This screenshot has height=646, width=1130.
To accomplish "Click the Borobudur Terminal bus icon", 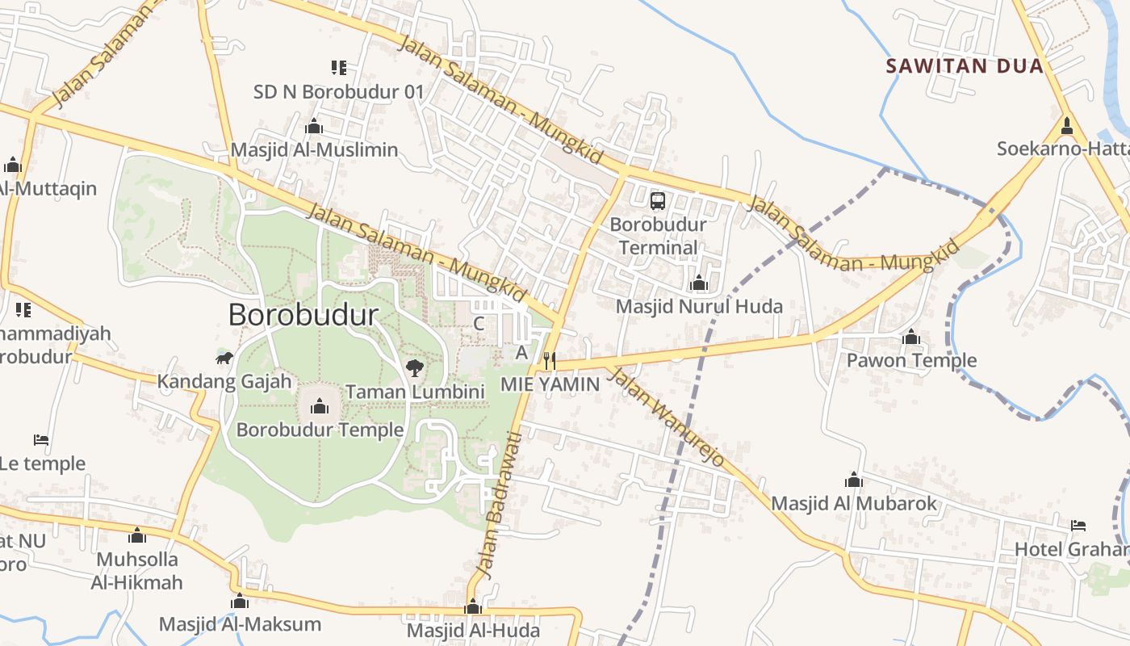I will pyautogui.click(x=658, y=201).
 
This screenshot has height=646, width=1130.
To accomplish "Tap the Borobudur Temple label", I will pyautogui.click(x=320, y=430).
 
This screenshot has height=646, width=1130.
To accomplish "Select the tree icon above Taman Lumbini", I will pyautogui.click(x=415, y=369).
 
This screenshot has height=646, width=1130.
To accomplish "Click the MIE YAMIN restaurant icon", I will pyautogui.click(x=550, y=360).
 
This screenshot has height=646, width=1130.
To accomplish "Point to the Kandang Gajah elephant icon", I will pyautogui.click(x=224, y=358).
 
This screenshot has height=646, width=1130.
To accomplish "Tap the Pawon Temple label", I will pyautogui.click(x=911, y=360).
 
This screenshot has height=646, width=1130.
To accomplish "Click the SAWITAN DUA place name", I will pyautogui.click(x=965, y=66).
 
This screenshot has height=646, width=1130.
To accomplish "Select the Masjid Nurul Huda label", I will pyautogui.click(x=699, y=307).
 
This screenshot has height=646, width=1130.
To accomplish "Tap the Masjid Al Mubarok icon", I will pyautogui.click(x=853, y=480).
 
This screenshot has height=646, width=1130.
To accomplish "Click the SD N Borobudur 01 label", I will pyautogui.click(x=338, y=92).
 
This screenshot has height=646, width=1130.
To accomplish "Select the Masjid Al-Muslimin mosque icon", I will pyautogui.click(x=314, y=126).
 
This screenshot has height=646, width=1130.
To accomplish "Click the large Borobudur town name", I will pyautogui.click(x=303, y=315).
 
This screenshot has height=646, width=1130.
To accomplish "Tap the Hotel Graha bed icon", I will pyautogui.click(x=1078, y=526).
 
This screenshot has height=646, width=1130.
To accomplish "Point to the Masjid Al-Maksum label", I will pyautogui.click(x=240, y=624).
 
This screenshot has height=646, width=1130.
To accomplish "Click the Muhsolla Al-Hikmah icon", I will pyautogui.click(x=137, y=535).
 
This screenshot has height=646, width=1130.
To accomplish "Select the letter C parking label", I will pyautogui.click(x=479, y=324).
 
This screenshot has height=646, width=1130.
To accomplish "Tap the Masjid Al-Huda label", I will pyautogui.click(x=473, y=630).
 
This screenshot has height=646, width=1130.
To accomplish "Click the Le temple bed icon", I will pyautogui.click(x=41, y=440).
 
